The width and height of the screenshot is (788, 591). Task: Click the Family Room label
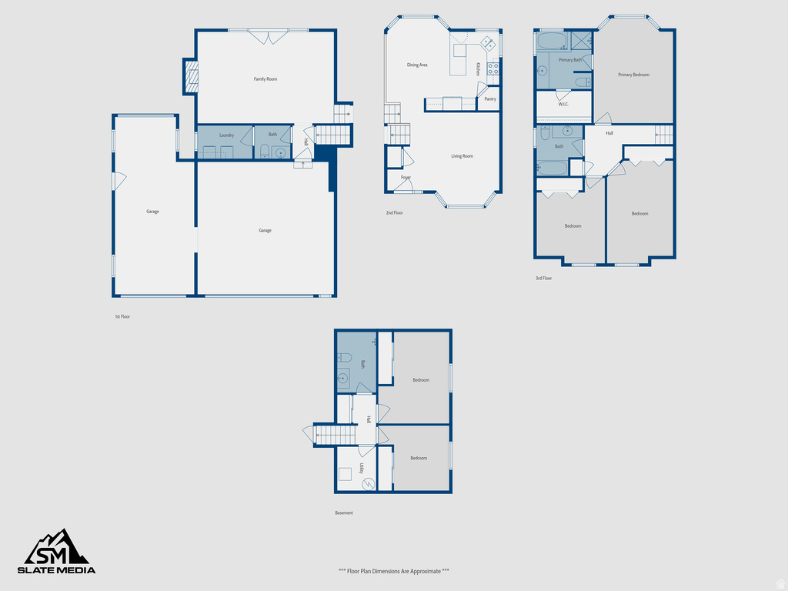click(x=265, y=79)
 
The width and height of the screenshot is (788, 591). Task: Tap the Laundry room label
click(x=226, y=135)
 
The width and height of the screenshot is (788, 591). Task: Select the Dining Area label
click(x=417, y=65)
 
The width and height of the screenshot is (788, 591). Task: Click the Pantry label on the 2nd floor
click(x=490, y=99)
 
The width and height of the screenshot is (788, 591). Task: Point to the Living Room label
click(x=462, y=156)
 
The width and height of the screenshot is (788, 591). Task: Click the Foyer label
click(x=406, y=178)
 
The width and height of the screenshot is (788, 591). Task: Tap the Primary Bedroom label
click(x=634, y=75)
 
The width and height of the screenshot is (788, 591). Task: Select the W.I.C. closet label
click(x=563, y=104)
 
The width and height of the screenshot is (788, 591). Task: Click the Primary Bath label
click(x=570, y=60)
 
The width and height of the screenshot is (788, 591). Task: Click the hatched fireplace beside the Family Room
click(x=191, y=77)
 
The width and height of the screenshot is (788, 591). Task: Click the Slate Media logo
click(x=57, y=552)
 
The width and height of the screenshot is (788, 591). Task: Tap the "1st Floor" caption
click(x=122, y=316)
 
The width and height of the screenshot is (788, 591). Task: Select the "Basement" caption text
click(x=344, y=513)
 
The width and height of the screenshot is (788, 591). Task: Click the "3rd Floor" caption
click(x=543, y=278)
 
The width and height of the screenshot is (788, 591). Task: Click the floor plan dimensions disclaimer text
click(x=394, y=571)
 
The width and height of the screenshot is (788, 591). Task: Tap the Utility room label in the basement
click(x=361, y=468)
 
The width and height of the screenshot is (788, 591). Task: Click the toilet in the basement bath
click(x=344, y=358)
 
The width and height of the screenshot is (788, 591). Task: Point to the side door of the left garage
click(x=118, y=181)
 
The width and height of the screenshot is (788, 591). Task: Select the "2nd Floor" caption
click(x=394, y=212)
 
